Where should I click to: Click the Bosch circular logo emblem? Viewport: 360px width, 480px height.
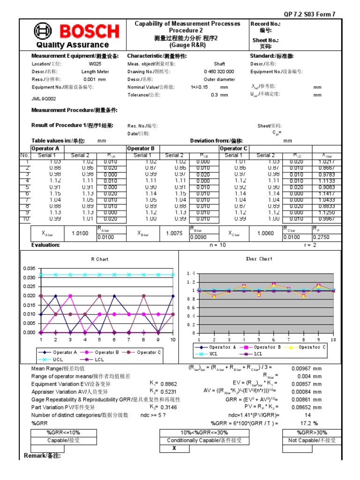pyautogui.click(x=43, y=31)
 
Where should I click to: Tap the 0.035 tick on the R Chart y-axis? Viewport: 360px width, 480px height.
pyautogui.click(x=29, y=268)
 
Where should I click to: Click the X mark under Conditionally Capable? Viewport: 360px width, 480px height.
pyautogui.click(x=174, y=449)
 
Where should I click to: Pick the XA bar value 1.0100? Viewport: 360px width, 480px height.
pyautogui.click(x=80, y=233)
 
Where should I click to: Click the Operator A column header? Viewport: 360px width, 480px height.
pyautogui.click(x=45, y=149)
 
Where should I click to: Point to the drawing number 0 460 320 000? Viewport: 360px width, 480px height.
pyautogui.click(x=219, y=72)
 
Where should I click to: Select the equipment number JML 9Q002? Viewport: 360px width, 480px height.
pyautogui.click(x=44, y=99)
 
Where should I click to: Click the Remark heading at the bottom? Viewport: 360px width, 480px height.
pyautogui.click(x=42, y=456)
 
